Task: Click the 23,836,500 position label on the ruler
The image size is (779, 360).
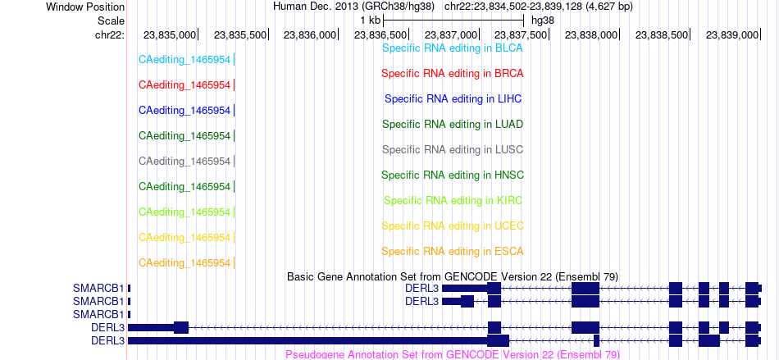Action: tap(380, 34)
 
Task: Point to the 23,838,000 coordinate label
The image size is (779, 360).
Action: tap(590, 34)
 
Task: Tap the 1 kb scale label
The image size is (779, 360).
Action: tap(371, 21)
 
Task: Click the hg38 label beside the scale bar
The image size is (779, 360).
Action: tap(543, 21)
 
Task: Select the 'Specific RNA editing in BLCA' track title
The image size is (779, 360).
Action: tap(453, 48)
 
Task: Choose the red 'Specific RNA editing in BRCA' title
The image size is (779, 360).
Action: tap(453, 74)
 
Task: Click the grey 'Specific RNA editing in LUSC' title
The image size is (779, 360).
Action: tap(453, 149)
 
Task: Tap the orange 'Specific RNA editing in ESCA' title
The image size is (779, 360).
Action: tap(453, 251)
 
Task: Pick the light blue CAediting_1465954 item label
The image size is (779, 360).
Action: tap(184, 60)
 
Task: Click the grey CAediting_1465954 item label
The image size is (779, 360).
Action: tap(184, 162)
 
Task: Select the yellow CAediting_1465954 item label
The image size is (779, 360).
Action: tap(184, 238)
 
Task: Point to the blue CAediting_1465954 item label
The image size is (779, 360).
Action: tap(184, 111)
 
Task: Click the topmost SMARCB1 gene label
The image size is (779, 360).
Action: tap(98, 288)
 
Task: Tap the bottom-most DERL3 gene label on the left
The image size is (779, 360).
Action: tap(107, 340)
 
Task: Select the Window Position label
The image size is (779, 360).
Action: tap(85, 7)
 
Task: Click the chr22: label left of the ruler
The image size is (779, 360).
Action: tap(110, 34)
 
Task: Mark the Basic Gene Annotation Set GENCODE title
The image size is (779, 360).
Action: tap(453, 276)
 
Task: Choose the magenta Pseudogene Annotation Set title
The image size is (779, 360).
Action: tap(453, 354)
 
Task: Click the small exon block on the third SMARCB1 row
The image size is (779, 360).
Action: tap(130, 314)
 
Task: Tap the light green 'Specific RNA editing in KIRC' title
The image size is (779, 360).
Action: tap(453, 201)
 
